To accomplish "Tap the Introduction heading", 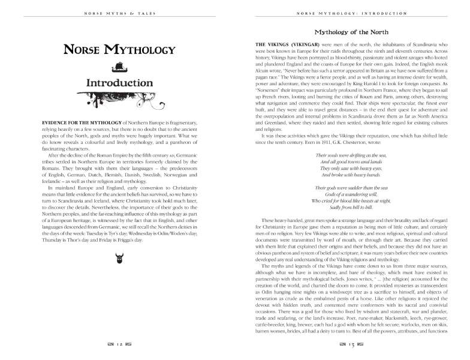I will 116,82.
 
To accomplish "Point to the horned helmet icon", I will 116,259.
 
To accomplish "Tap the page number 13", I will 352,345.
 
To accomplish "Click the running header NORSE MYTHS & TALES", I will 116,12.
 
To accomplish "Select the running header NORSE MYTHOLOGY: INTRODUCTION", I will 352,12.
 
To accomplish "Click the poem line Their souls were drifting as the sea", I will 352,155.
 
